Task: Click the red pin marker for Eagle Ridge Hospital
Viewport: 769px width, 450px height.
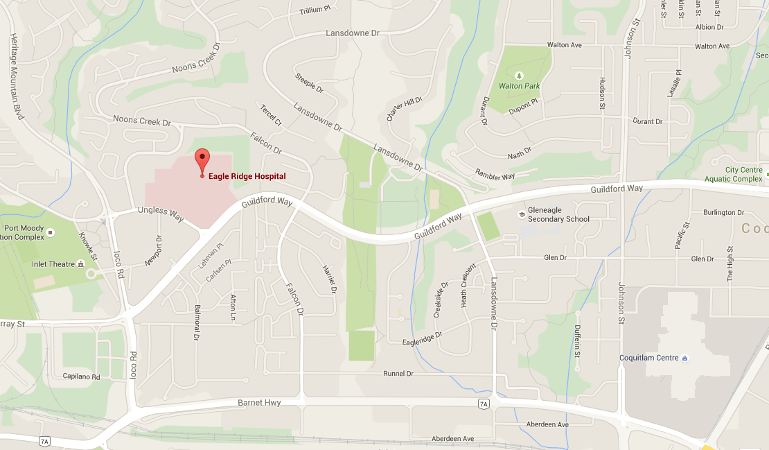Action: click(x=202, y=159)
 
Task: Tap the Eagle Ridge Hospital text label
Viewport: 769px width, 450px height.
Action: click(x=247, y=176)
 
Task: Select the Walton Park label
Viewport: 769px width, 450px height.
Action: click(x=519, y=86)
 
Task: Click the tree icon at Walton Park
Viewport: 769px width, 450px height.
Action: click(x=520, y=75)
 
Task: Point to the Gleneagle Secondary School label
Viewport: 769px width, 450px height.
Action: click(x=558, y=215)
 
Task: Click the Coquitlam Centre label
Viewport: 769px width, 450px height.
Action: click(x=648, y=358)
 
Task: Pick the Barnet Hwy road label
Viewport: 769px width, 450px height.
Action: click(x=259, y=402)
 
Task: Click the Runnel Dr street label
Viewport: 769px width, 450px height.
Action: click(x=398, y=374)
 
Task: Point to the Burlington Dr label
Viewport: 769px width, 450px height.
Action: click(x=723, y=212)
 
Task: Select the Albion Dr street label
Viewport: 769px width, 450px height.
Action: click(x=709, y=27)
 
